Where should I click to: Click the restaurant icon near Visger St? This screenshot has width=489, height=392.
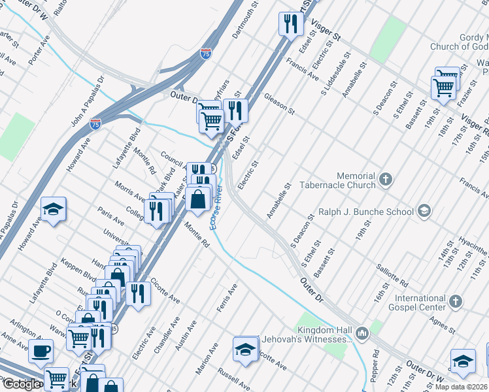click(291, 24)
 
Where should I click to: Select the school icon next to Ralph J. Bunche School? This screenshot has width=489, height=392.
click(424, 210)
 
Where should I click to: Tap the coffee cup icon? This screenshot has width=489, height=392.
click(41, 351)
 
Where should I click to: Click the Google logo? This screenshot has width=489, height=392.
click(21, 384)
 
